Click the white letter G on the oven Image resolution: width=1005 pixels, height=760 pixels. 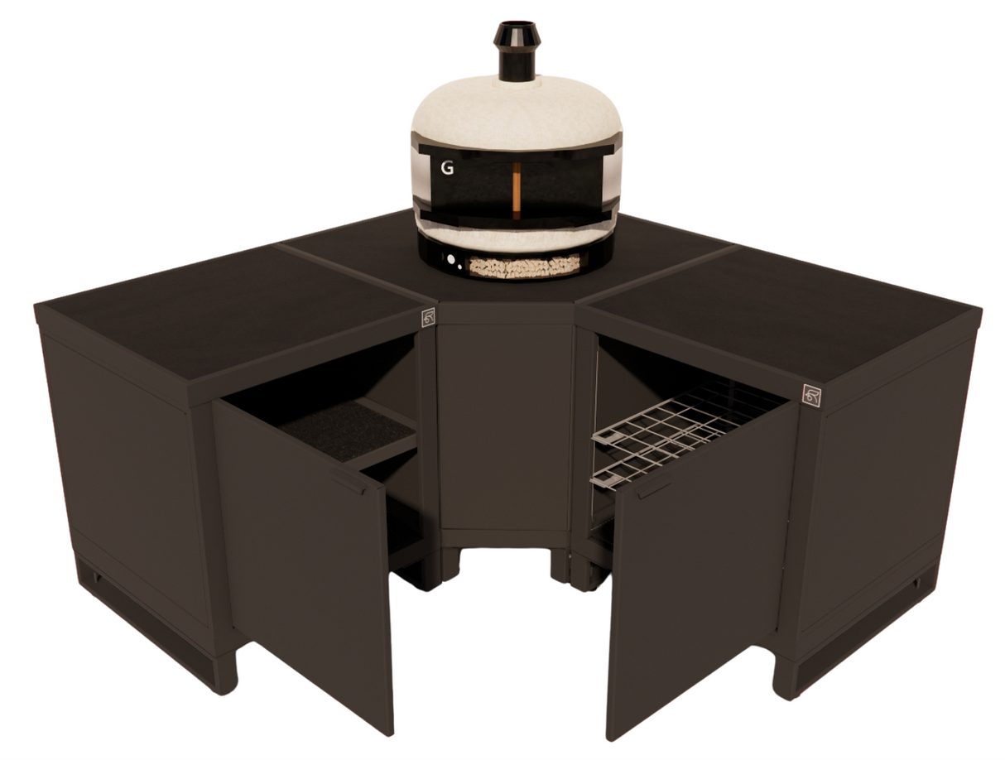point(447,168)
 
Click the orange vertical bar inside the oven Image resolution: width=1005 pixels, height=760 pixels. point(516,190)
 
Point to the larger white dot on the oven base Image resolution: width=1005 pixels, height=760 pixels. point(450,259)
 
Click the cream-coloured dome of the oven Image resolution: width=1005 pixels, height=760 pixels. point(517,112)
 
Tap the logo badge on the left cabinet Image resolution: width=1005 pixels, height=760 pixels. point(427,318)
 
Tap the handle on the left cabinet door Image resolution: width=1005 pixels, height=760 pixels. point(348,483)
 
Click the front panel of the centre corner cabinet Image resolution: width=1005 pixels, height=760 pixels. point(505,422)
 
